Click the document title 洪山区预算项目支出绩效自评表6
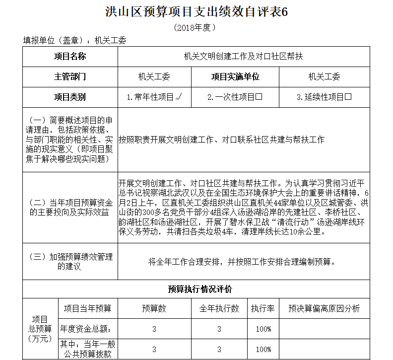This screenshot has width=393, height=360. [196, 12]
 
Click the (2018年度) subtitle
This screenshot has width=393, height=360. [196, 28]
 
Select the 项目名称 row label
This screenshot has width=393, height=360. [70, 57]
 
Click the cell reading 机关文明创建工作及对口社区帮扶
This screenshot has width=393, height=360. [243, 57]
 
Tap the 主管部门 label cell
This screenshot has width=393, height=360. [70, 77]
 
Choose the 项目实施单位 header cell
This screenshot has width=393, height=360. [235, 77]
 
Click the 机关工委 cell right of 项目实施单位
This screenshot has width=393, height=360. [325, 77]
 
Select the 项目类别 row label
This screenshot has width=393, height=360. [70, 97]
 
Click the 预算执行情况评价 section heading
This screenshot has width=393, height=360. [196, 289]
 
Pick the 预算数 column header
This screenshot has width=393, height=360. [154, 308]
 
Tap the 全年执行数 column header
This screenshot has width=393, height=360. [219, 308]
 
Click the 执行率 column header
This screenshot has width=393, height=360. [263, 308]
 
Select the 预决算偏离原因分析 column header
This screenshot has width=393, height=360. [325, 308]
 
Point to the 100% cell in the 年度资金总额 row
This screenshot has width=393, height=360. [263, 329]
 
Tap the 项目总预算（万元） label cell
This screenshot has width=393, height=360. [40, 329]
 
